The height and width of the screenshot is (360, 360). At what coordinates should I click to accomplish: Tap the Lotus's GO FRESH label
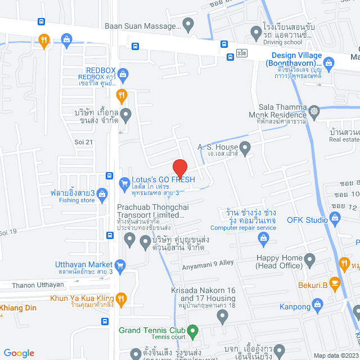pyautogui.click(x=163, y=179)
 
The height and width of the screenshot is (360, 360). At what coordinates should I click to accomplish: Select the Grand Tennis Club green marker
pyautogui.click(x=192, y=331)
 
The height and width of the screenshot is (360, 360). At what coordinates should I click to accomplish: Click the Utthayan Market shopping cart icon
pyautogui.click(x=119, y=265)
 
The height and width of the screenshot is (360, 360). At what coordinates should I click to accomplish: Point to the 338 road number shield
pyautogui.click(x=242, y=53)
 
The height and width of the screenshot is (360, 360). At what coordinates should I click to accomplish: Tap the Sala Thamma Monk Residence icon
pyautogui.click(x=314, y=110)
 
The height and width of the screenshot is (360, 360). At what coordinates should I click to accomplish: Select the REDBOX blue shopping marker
pyautogui.click(x=123, y=73)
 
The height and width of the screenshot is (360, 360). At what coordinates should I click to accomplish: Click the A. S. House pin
pyautogui.click(x=245, y=148)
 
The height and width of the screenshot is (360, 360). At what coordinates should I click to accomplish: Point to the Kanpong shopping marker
pyautogui.click(x=318, y=307)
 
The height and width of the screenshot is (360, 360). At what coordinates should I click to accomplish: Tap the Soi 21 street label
pyautogui.click(x=83, y=142)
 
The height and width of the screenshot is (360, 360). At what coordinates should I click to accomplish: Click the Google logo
pyautogui.click(x=19, y=353)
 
